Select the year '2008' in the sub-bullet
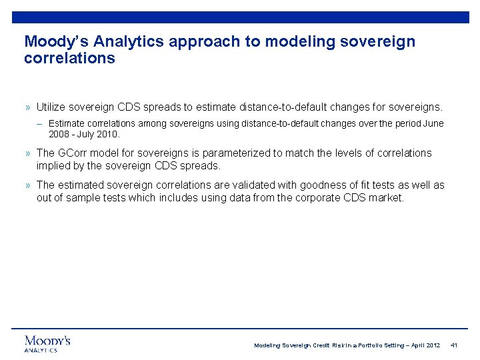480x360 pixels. click(x=59, y=134)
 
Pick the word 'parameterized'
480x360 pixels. click(x=237, y=153)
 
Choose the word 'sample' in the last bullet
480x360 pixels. click(x=83, y=198)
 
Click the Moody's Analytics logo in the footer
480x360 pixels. click(x=47, y=343)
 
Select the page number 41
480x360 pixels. click(x=454, y=345)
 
